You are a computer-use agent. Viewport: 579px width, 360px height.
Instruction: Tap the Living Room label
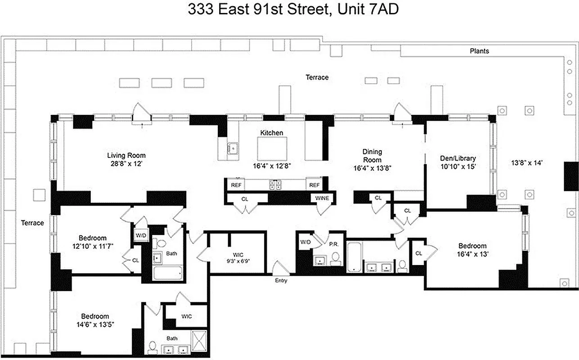point(126,155)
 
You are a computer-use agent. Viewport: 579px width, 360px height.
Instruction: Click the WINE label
point(322,198)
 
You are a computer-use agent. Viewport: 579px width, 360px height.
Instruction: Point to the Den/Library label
point(458,158)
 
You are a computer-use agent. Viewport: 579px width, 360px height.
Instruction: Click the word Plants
point(479,51)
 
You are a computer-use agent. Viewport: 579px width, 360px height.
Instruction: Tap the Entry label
point(281,281)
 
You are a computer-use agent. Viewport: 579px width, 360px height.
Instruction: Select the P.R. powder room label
point(333,245)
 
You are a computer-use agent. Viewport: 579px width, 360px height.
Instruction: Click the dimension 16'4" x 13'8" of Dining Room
point(372,169)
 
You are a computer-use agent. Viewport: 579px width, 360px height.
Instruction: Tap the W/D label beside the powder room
point(306,242)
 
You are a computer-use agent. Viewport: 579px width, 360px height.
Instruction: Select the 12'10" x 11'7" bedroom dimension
point(93,246)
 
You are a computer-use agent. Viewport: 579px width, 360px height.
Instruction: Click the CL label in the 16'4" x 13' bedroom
point(419,253)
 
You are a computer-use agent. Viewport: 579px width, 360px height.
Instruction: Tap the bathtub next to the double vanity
point(354,257)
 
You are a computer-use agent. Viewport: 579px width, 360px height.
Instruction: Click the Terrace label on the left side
point(32,223)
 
